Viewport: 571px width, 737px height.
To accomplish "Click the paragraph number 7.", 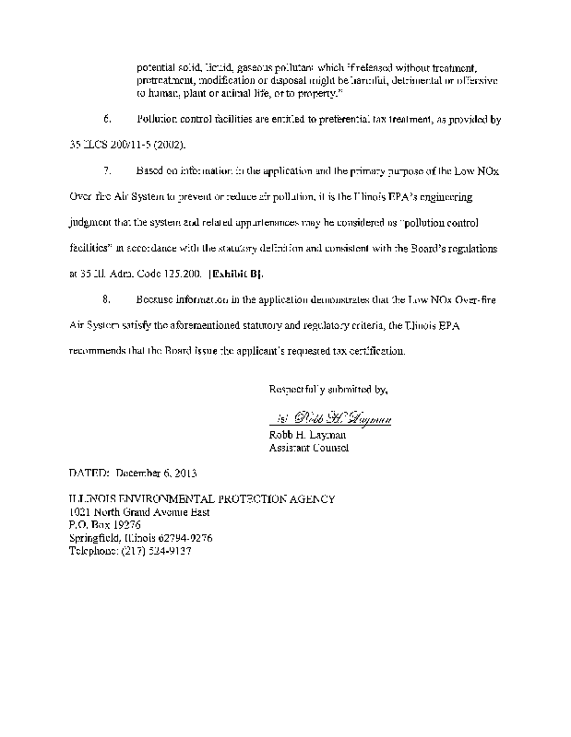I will pos(107,170).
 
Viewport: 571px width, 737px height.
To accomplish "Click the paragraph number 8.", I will pos(107,299).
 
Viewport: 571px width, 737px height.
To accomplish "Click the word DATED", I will pos(90,474).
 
